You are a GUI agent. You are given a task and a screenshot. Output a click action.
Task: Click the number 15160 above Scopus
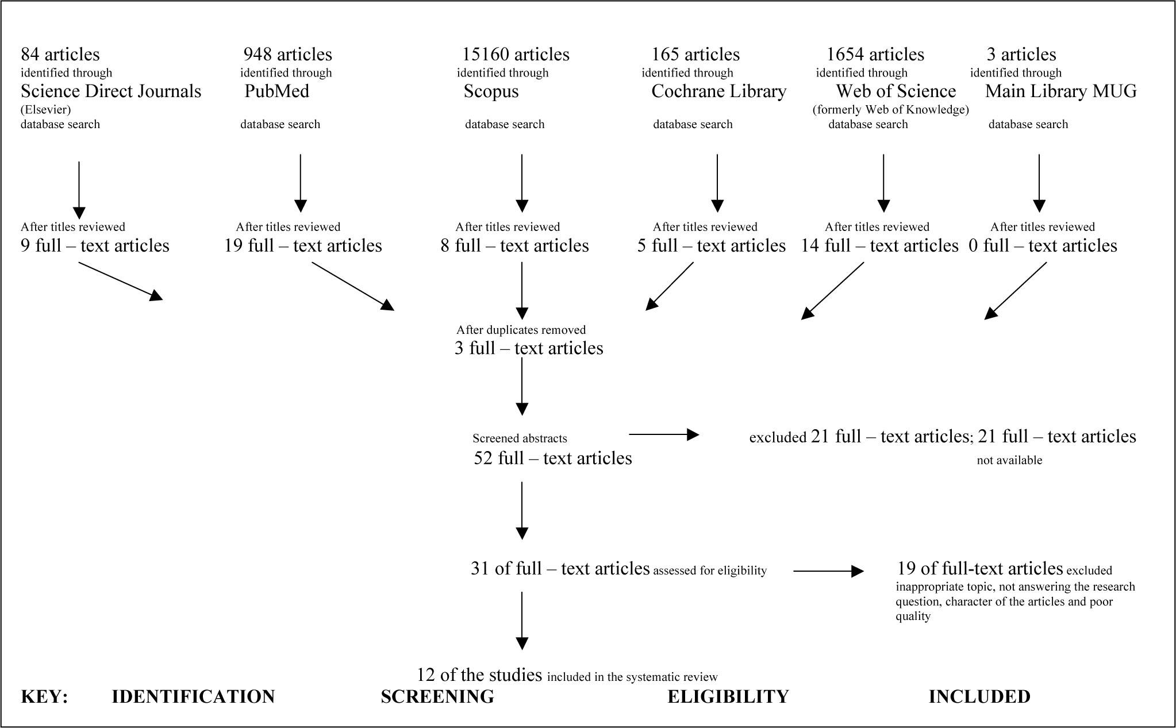click(x=486, y=55)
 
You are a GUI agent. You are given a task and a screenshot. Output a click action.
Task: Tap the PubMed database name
click(x=276, y=91)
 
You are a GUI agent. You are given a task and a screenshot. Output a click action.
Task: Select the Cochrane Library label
click(x=718, y=91)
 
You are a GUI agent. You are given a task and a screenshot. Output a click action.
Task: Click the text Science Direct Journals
click(x=111, y=91)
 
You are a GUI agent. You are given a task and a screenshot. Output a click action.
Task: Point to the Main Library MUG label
click(x=1061, y=91)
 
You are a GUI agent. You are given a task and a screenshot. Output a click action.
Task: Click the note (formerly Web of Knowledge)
click(x=891, y=110)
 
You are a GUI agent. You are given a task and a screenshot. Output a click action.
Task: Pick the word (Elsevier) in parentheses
click(x=45, y=110)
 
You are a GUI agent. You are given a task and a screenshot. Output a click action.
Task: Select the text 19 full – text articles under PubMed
click(x=303, y=246)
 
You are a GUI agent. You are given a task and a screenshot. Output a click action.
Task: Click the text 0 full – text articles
click(x=1043, y=246)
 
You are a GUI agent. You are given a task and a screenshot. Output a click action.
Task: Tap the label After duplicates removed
click(x=521, y=330)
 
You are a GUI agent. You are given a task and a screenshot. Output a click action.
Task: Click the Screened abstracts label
click(x=520, y=438)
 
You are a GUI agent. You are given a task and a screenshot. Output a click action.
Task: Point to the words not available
click(x=1009, y=460)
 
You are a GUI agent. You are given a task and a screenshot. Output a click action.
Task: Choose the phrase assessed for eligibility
click(x=710, y=571)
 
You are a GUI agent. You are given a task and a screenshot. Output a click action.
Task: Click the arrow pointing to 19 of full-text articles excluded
click(x=828, y=571)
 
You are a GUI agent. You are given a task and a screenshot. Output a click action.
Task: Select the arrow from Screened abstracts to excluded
click(x=664, y=434)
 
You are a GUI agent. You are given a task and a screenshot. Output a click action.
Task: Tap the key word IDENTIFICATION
click(x=193, y=696)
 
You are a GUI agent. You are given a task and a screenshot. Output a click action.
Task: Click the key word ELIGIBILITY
click(x=728, y=696)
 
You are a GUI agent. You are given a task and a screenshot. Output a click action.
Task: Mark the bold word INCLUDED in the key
click(x=979, y=696)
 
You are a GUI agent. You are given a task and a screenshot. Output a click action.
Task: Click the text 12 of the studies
click(x=479, y=675)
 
